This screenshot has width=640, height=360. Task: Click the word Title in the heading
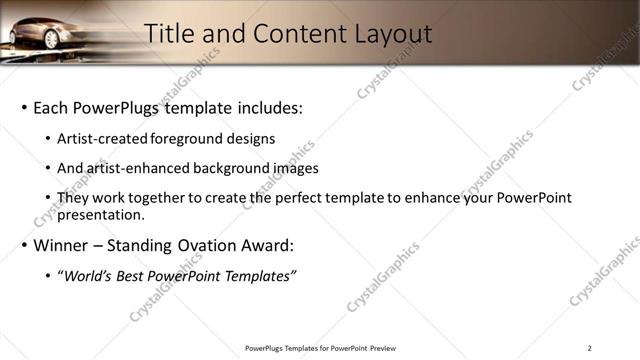pos(172,33)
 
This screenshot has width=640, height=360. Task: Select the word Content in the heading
pos(287,33)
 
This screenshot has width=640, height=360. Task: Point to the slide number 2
pos(589,348)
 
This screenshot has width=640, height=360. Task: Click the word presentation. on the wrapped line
pos(103,214)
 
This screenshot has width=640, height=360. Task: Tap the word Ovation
pos(215,245)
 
